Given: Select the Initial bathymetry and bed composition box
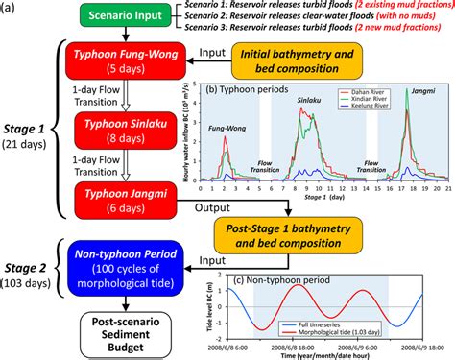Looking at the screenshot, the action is [x=292, y=60].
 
